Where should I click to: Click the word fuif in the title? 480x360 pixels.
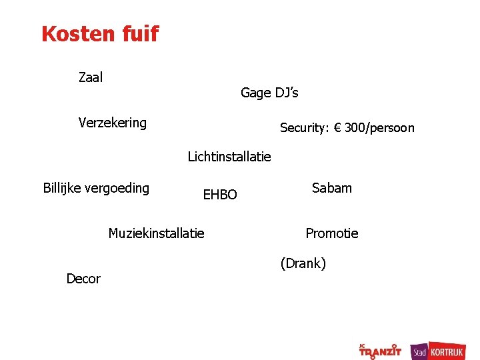point(142,33)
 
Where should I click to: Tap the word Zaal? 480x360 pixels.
point(91,77)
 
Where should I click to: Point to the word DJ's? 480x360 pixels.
point(287,93)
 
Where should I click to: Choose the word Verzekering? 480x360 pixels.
point(112,123)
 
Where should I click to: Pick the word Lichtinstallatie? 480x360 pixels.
point(229,157)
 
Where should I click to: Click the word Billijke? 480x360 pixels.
point(64,188)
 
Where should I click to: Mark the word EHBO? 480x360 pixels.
point(220,195)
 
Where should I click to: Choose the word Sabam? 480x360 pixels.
point(331,188)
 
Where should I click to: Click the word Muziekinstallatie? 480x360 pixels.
point(156,233)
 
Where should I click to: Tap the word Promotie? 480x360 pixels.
point(331,233)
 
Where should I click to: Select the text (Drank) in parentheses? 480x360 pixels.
point(303,263)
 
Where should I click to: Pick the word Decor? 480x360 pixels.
point(83,279)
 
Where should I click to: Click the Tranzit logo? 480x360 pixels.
point(380,350)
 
